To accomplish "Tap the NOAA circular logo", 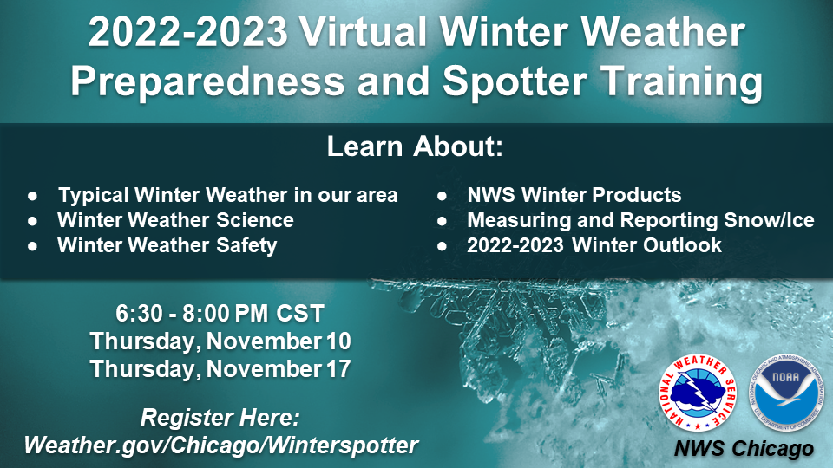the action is [786, 393].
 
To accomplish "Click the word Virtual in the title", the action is [364, 32].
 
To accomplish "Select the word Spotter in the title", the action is [515, 81].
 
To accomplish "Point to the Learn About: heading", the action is [415, 146].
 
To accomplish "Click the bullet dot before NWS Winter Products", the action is [442, 196].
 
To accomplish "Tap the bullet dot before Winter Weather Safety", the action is [33, 246].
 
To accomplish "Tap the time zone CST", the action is [299, 314].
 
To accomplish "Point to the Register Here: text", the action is [220, 418].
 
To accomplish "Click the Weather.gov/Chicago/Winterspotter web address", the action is [221, 445].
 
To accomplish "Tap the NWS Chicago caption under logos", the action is [744, 449].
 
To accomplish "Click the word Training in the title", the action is [682, 81].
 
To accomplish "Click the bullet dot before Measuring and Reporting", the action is [442, 221].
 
